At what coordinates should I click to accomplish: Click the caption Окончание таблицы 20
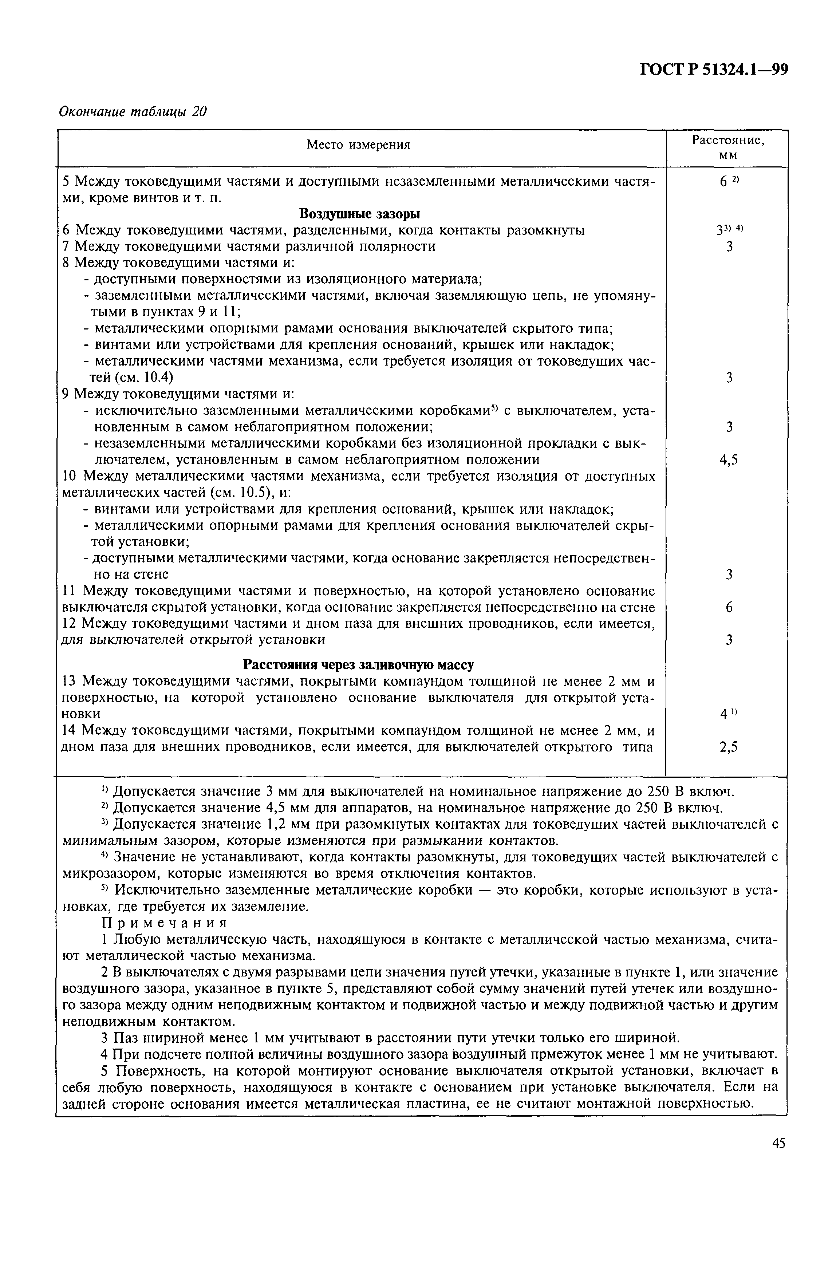132,111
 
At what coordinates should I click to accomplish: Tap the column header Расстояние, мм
728,147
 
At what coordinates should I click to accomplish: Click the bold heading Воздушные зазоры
359,214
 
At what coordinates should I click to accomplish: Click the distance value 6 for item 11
729,607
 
